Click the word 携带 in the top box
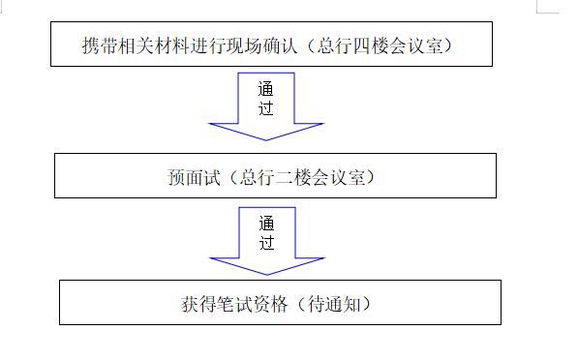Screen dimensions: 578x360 coord(100,45)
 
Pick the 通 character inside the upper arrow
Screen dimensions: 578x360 coord(266,88)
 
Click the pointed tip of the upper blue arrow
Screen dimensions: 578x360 coord(266,142)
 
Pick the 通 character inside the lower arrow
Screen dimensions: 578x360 coord(266,222)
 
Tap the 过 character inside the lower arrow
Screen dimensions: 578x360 coord(266,240)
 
